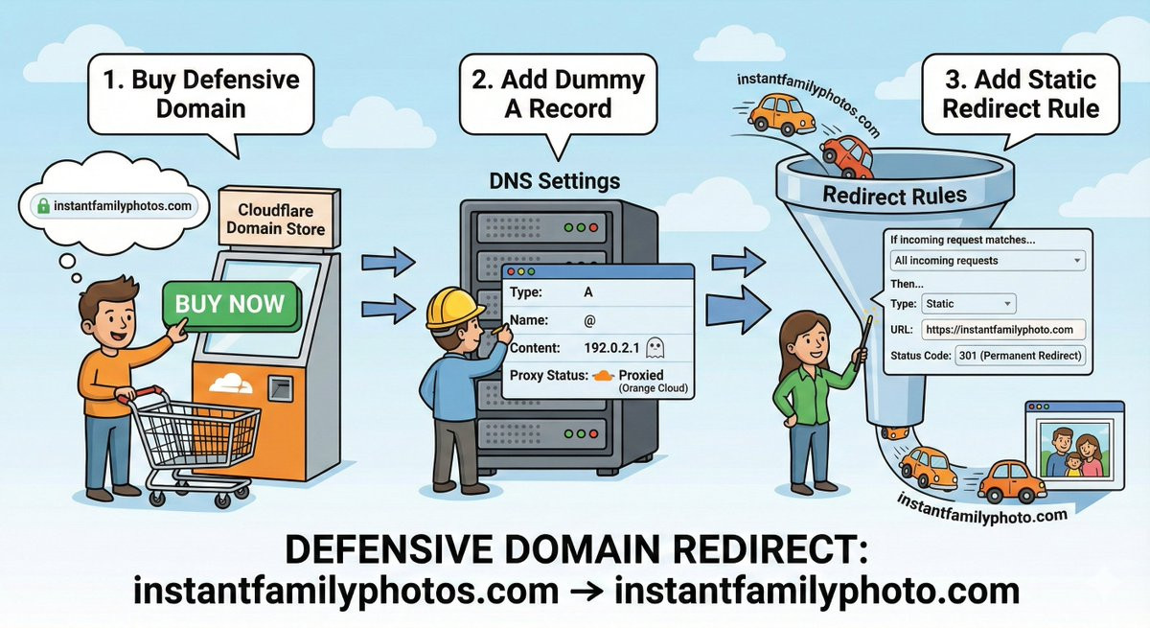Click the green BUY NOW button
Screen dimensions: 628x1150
tap(231, 305)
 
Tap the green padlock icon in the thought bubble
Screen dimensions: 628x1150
tap(42, 205)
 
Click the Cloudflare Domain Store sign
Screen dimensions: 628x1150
tap(276, 217)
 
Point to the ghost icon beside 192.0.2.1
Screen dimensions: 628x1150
tap(655, 347)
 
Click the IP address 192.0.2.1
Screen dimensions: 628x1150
tap(611, 347)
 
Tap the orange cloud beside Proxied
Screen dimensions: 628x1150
tap(603, 376)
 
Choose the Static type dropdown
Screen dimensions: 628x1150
tap(968, 304)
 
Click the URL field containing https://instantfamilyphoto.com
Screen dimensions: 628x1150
tap(1003, 330)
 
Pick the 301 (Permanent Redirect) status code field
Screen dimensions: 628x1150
tap(1020, 356)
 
